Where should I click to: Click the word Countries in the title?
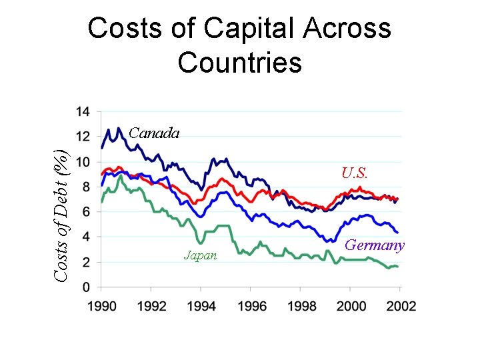[x=240, y=63]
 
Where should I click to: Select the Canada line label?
[x=154, y=133]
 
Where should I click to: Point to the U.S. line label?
[x=354, y=173]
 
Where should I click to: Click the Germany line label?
[x=374, y=245]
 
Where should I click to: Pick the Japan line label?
[x=200, y=255]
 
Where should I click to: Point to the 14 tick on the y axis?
[x=84, y=111]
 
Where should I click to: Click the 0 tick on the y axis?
[x=88, y=288]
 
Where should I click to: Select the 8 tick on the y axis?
[x=88, y=187]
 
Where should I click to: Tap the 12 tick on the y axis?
[x=84, y=136]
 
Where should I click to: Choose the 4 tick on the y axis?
[x=88, y=237]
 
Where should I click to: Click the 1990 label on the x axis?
[x=101, y=306]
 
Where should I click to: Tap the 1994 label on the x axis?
[x=201, y=306]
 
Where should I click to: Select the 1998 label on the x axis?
[x=301, y=306]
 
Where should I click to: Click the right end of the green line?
[x=399, y=267]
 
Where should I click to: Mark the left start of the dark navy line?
[x=101, y=147]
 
